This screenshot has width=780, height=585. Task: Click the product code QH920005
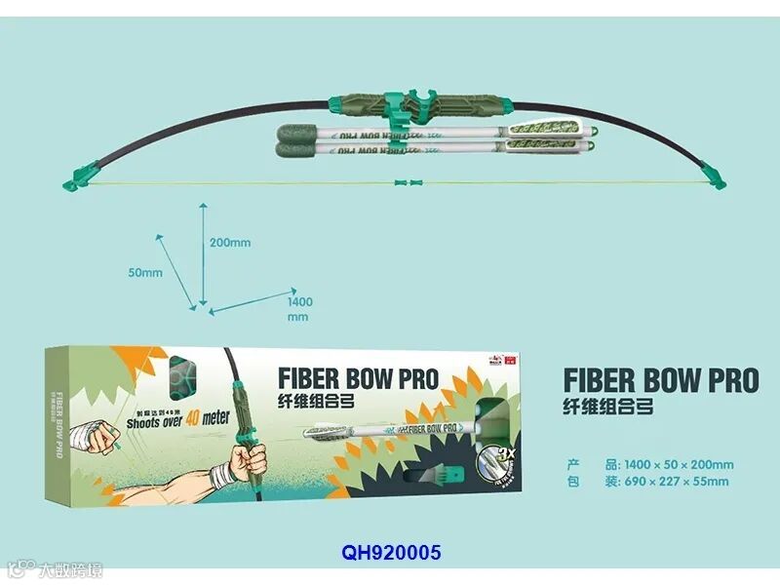pos(391,553)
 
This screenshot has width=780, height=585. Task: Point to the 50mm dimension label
pos(145,273)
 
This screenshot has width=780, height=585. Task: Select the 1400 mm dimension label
pos(299,309)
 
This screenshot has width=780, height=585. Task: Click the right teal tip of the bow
pos(718,177)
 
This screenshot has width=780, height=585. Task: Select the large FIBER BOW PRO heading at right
pos(660,379)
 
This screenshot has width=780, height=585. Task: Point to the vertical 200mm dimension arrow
pos(202,253)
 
